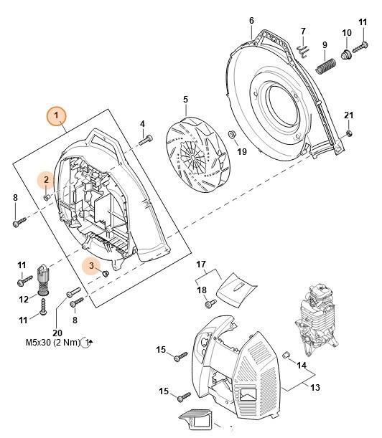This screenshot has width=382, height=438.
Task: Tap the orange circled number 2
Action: (x=46, y=180)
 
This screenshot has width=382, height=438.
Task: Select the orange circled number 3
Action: (x=91, y=265)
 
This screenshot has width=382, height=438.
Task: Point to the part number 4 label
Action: (x=142, y=123)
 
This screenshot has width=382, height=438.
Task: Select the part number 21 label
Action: (x=348, y=115)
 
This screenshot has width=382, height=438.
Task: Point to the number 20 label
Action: (x=57, y=331)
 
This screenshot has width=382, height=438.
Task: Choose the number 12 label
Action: (x=23, y=298)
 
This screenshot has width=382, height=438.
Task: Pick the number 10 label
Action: (x=347, y=32)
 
